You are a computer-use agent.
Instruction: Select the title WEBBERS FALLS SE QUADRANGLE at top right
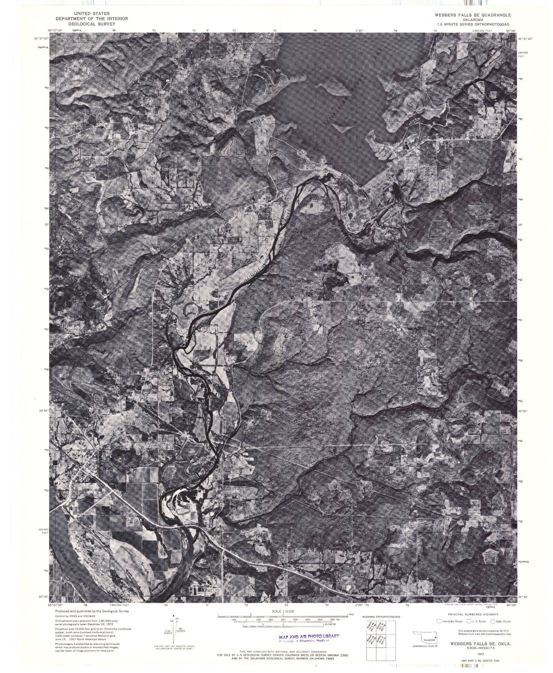coord(467,15)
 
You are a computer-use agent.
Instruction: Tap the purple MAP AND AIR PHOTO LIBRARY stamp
coord(306,637)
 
